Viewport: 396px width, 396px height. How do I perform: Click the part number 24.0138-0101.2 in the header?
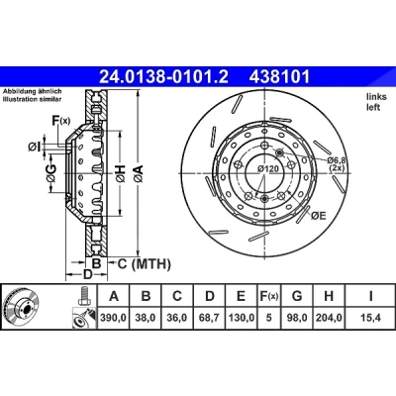pos(164,77)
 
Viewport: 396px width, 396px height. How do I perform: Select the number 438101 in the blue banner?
pos(279,77)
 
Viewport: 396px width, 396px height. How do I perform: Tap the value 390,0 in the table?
pos(114,318)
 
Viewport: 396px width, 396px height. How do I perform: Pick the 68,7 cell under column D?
pos(210,318)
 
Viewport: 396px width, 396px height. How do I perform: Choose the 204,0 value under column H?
pos(329,318)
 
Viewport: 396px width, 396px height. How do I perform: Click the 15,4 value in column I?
pos(371,318)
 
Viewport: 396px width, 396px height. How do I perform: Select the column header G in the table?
pos(297,296)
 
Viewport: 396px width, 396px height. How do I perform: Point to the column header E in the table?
pos(241,296)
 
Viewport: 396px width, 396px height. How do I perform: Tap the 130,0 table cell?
pos(241,318)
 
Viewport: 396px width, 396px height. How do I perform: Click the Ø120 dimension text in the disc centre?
pos(268,168)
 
